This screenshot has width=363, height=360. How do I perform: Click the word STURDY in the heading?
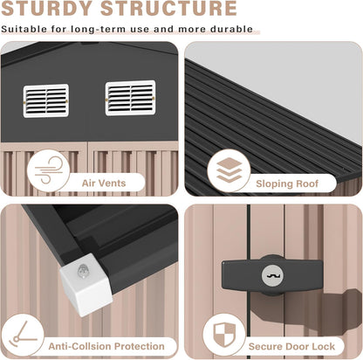47,8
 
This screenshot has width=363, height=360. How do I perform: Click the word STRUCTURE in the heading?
168,8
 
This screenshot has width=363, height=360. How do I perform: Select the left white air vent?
46,100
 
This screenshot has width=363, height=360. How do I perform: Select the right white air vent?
130,98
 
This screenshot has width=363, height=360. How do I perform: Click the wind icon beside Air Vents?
48,170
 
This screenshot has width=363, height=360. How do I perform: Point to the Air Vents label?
104,183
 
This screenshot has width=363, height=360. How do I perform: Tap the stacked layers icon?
229,170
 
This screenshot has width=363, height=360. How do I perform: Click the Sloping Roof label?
287,183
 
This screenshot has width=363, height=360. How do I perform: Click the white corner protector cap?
86,285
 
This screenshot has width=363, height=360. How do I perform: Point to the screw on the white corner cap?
83,272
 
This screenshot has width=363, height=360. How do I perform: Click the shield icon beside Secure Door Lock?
224,335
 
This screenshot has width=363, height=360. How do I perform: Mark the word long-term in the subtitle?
99,30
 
